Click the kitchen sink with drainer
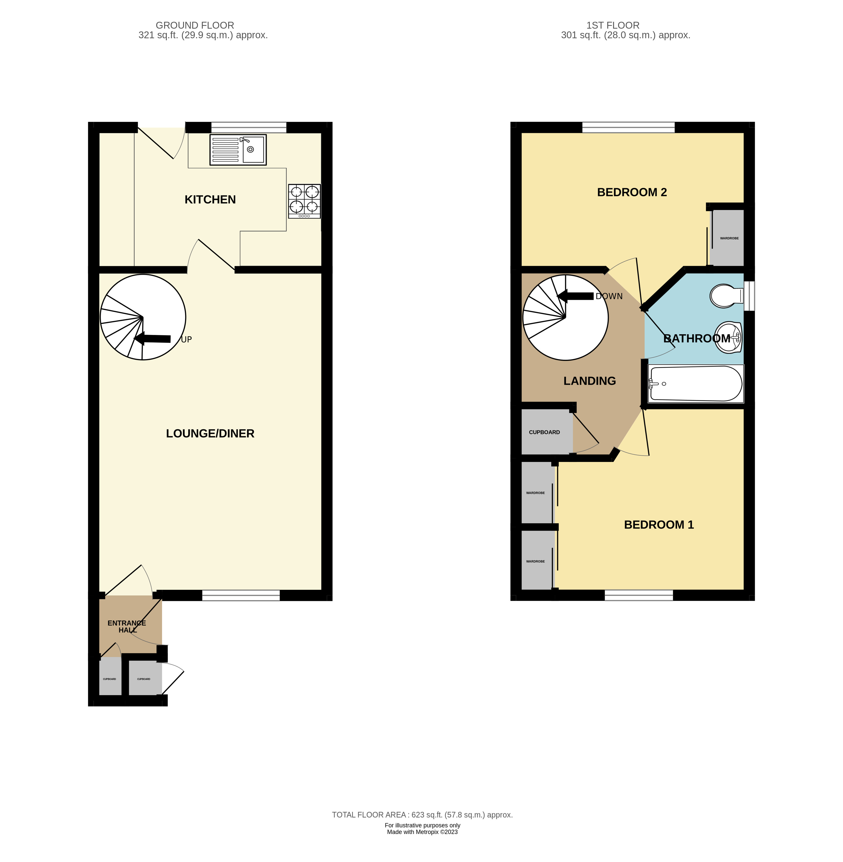[238, 150]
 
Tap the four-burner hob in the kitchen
[304, 201]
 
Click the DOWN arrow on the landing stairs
[576, 296]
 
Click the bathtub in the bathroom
[695, 383]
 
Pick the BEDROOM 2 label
[632, 192]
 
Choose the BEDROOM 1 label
[658, 525]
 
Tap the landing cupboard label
[544, 432]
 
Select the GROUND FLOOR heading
[195, 26]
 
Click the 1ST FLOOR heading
[613, 26]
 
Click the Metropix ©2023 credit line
[422, 832]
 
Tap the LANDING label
[589, 381]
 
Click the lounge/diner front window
[241, 596]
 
